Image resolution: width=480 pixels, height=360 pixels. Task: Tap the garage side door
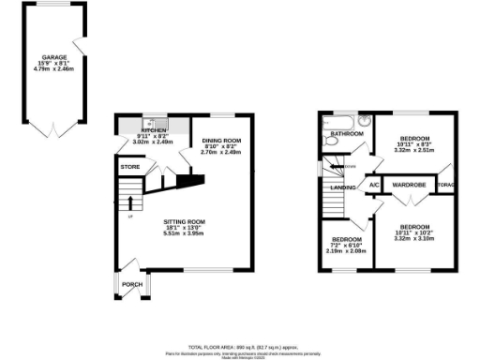[x=82, y=45]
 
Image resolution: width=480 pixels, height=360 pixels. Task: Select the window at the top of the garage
[x=56, y=5]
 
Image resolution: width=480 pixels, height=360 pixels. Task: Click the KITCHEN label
[x=153, y=131]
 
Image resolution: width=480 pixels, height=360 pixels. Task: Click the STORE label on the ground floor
[x=129, y=167]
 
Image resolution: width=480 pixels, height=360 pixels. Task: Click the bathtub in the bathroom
[x=338, y=122]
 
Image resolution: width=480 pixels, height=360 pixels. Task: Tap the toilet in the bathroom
[x=363, y=122]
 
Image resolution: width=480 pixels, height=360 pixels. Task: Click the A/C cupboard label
[x=373, y=185]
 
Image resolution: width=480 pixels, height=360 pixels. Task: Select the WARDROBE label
[x=410, y=185]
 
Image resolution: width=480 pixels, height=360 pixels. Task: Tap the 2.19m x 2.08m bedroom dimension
[x=346, y=251]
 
